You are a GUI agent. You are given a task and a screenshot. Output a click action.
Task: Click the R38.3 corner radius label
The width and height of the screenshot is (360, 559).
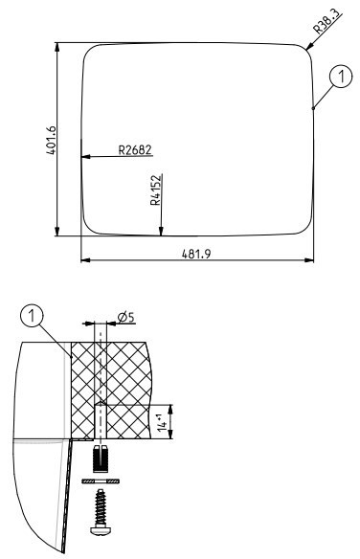pyautogui.click(x=326, y=23)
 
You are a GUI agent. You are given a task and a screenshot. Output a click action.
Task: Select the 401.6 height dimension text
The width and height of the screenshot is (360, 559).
pyautogui.click(x=52, y=140)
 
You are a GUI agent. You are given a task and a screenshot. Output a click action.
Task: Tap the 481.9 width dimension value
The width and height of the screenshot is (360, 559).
pyautogui.click(x=196, y=254)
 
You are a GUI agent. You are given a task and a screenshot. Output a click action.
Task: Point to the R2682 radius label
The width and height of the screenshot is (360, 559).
pyautogui.click(x=135, y=150)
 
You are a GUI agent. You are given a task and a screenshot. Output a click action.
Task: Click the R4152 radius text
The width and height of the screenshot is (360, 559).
pyautogui.click(x=156, y=190)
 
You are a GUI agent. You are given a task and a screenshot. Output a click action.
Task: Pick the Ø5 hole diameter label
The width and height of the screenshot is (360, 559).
pyautogui.click(x=126, y=317)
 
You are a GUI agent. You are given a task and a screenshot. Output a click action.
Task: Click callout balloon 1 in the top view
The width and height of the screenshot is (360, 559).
pyautogui.click(x=341, y=77)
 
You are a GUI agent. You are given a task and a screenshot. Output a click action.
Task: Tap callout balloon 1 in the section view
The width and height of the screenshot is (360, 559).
pyautogui.click(x=33, y=316)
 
